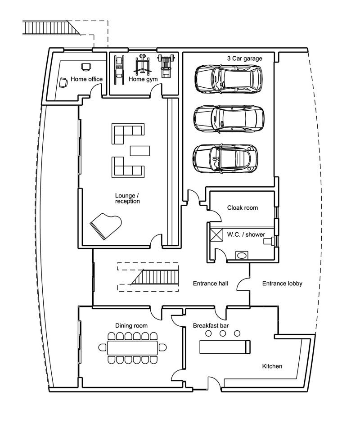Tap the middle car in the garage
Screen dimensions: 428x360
coord(229,118)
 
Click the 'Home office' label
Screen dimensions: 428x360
coord(87,79)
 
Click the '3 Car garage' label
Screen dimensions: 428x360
coord(245,59)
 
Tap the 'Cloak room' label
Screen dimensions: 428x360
coord(241,208)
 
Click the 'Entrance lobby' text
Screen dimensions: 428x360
coord(282,284)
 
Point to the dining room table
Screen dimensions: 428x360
coord(133,347)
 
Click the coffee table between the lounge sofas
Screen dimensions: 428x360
coord(139,150)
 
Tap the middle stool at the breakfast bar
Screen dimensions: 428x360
coord(223,333)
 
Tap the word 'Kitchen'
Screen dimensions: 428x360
coord(272,366)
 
